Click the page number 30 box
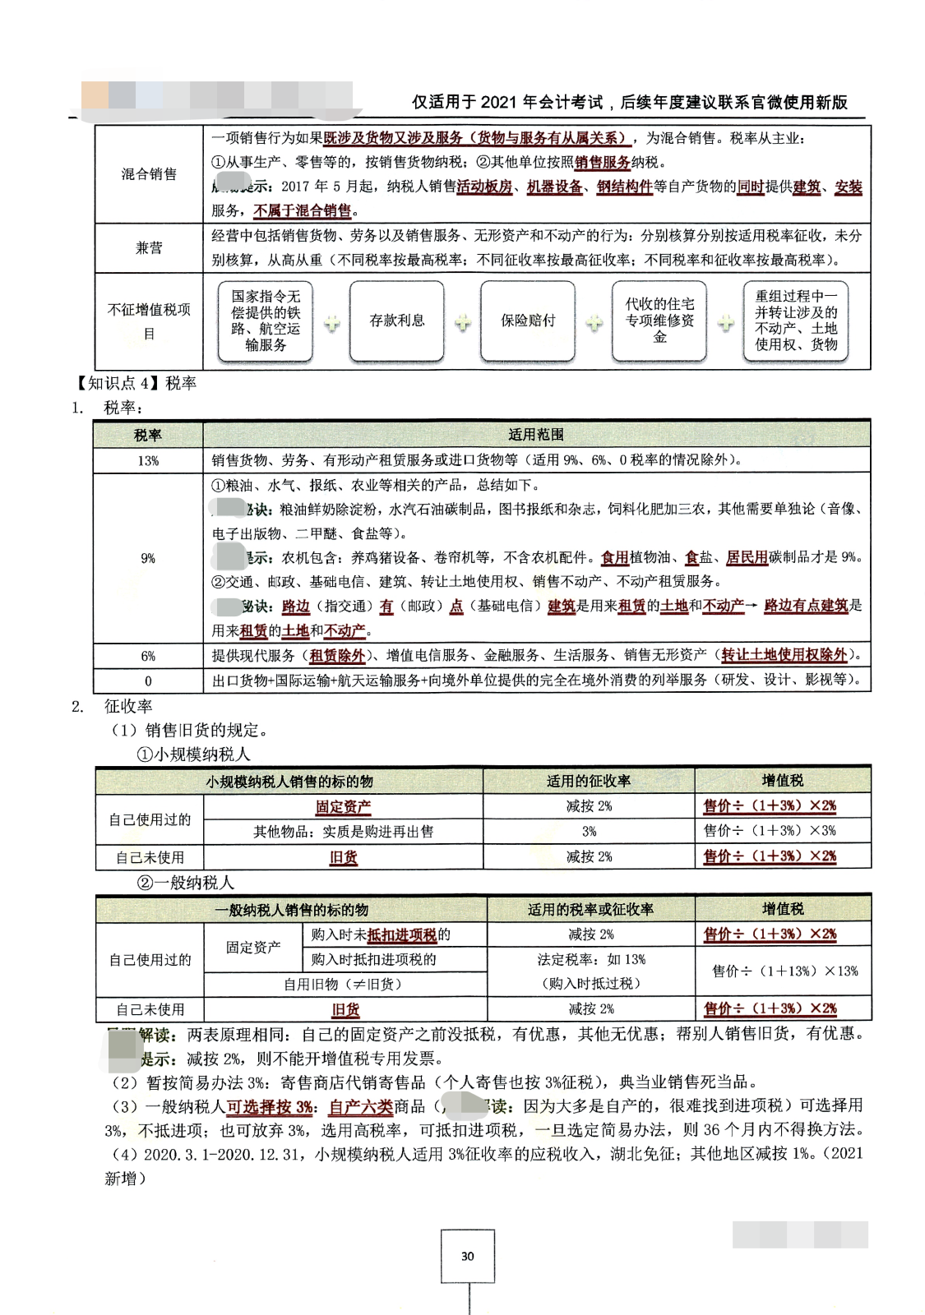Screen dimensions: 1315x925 click(x=467, y=1255)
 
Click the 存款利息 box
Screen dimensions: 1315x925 click(x=396, y=321)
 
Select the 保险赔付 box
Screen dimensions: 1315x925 click(x=528, y=321)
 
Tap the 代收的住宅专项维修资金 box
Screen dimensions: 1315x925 click(x=659, y=321)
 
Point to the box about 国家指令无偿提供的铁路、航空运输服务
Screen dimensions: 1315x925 click(x=266, y=321)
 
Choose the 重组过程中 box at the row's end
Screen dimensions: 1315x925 click(x=795, y=321)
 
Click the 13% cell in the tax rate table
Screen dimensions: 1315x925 click(x=148, y=460)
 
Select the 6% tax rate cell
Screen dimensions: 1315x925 click(x=148, y=656)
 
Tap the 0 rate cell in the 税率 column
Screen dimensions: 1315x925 click(x=148, y=681)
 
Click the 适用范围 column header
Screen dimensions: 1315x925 click(x=536, y=435)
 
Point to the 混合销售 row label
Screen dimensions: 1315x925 click(x=149, y=174)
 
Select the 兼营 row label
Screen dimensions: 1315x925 click(x=149, y=247)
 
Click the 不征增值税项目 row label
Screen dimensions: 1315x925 click(x=149, y=321)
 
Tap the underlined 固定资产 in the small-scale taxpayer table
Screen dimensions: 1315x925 click(x=343, y=807)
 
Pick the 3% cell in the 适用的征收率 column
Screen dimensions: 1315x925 click(x=589, y=831)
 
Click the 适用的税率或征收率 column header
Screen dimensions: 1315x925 click(x=590, y=909)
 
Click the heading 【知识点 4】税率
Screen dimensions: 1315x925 click(x=136, y=383)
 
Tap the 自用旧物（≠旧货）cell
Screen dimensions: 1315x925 click(x=345, y=984)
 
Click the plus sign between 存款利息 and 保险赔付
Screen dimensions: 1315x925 click(x=463, y=322)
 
